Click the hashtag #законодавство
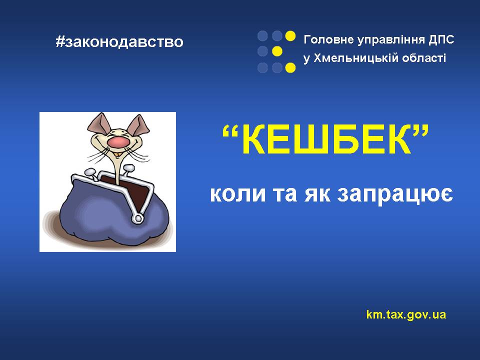pos(119,42)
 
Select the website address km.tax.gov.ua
pos(406,314)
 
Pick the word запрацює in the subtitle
pos(395,194)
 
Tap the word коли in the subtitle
pos(238,194)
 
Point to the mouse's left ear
pos(98,124)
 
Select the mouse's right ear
pos(138,124)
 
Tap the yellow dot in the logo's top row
pos(290,36)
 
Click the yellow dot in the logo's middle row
pos(277,51)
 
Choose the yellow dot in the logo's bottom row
pos(290,67)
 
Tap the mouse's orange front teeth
pos(117,152)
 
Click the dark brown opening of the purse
pos(131,190)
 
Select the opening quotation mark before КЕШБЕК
pos(230,131)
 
